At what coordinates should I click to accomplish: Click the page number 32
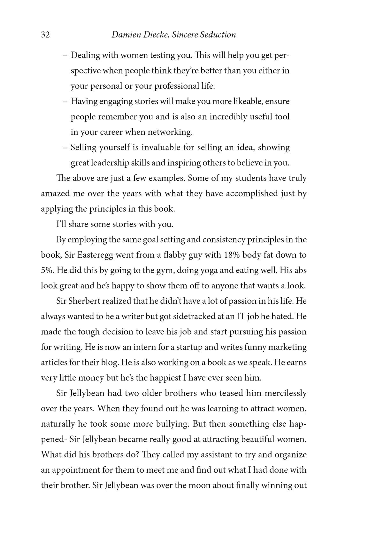point(45,35)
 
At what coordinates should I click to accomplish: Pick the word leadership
point(110,163)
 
